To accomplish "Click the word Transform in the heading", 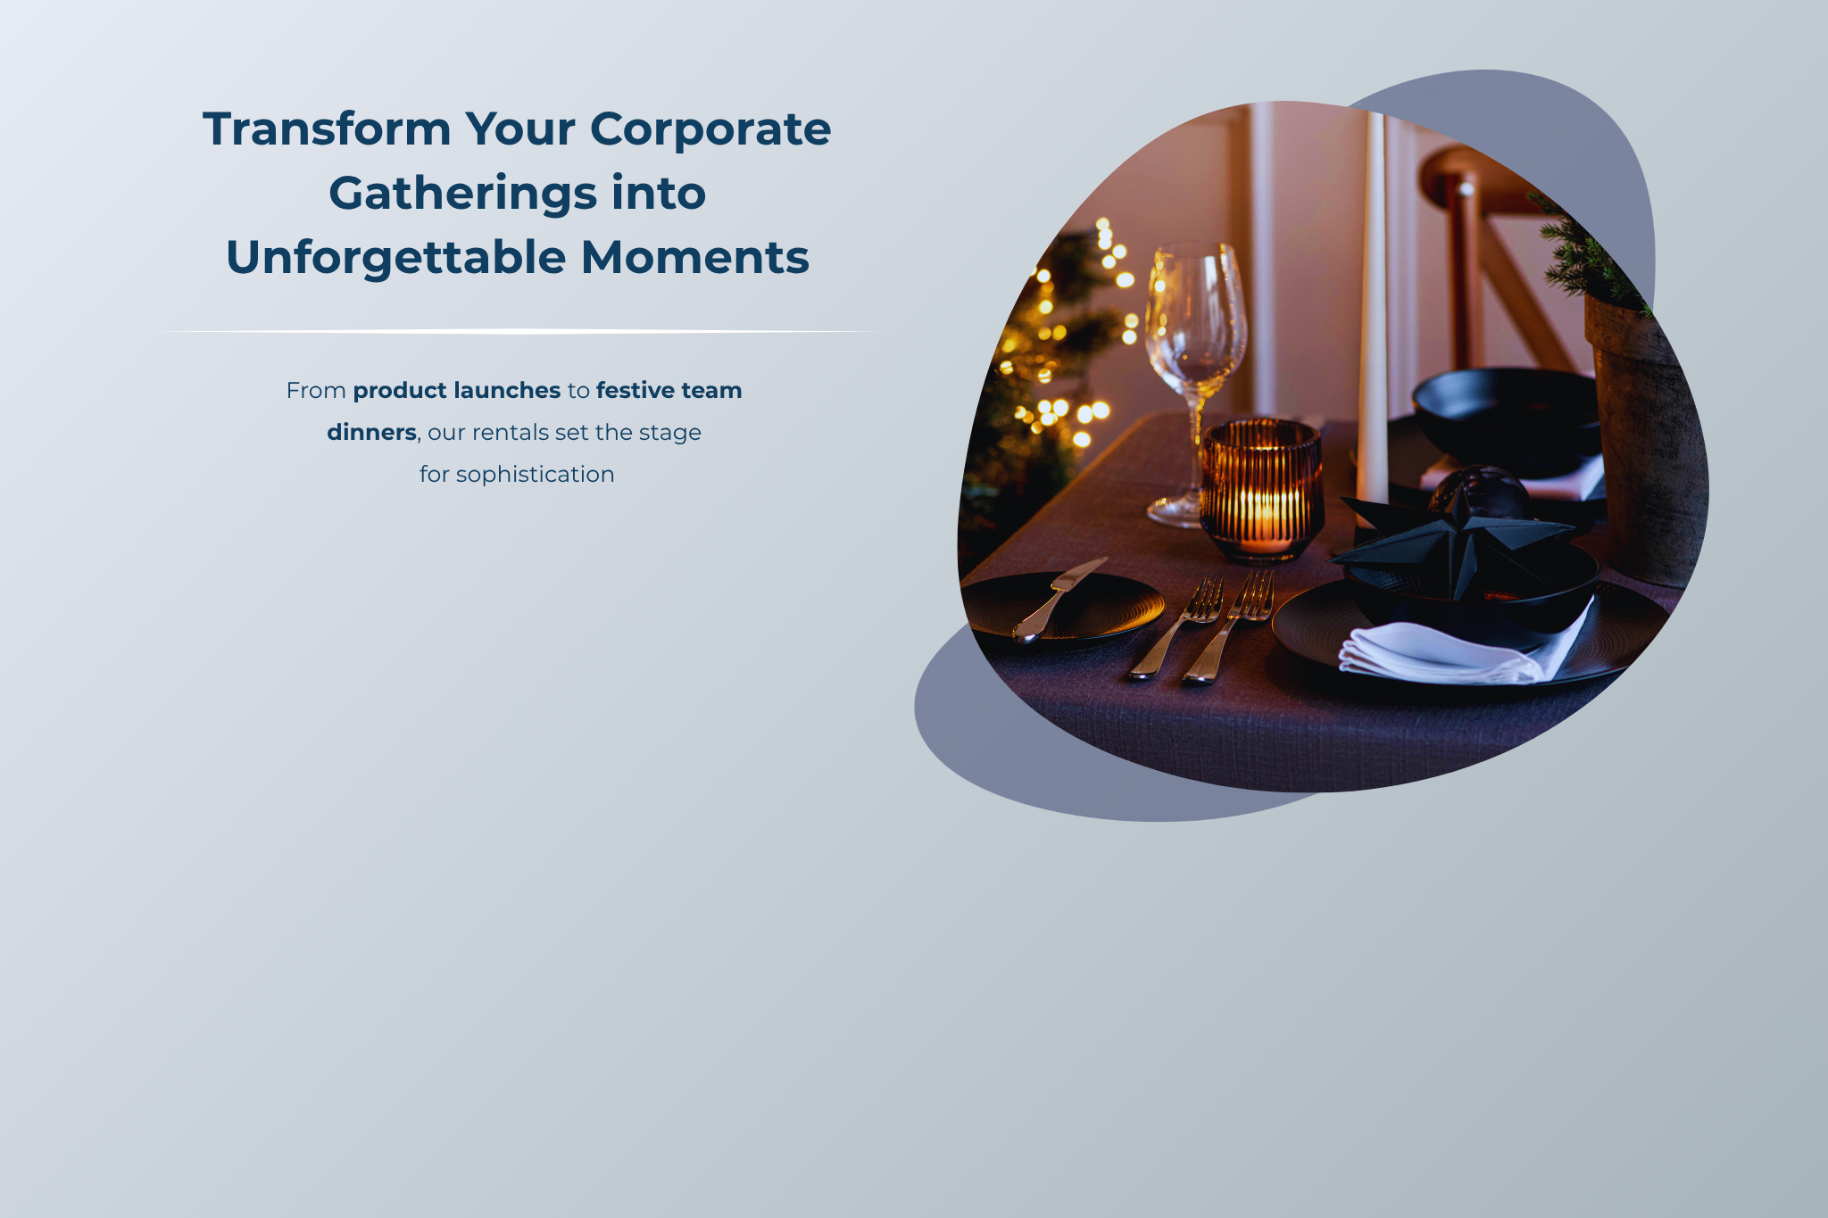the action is (328, 128).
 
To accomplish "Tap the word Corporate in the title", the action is (710, 128).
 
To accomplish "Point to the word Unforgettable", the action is (396, 258).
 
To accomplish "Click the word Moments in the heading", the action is (695, 258).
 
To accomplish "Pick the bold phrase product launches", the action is (457, 391).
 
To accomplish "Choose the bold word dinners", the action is (371, 432).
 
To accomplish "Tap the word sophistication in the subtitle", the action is (535, 475).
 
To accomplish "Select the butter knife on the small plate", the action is (1059, 600).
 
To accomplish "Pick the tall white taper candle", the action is (1373, 312).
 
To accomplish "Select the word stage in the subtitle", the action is (669, 434).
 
